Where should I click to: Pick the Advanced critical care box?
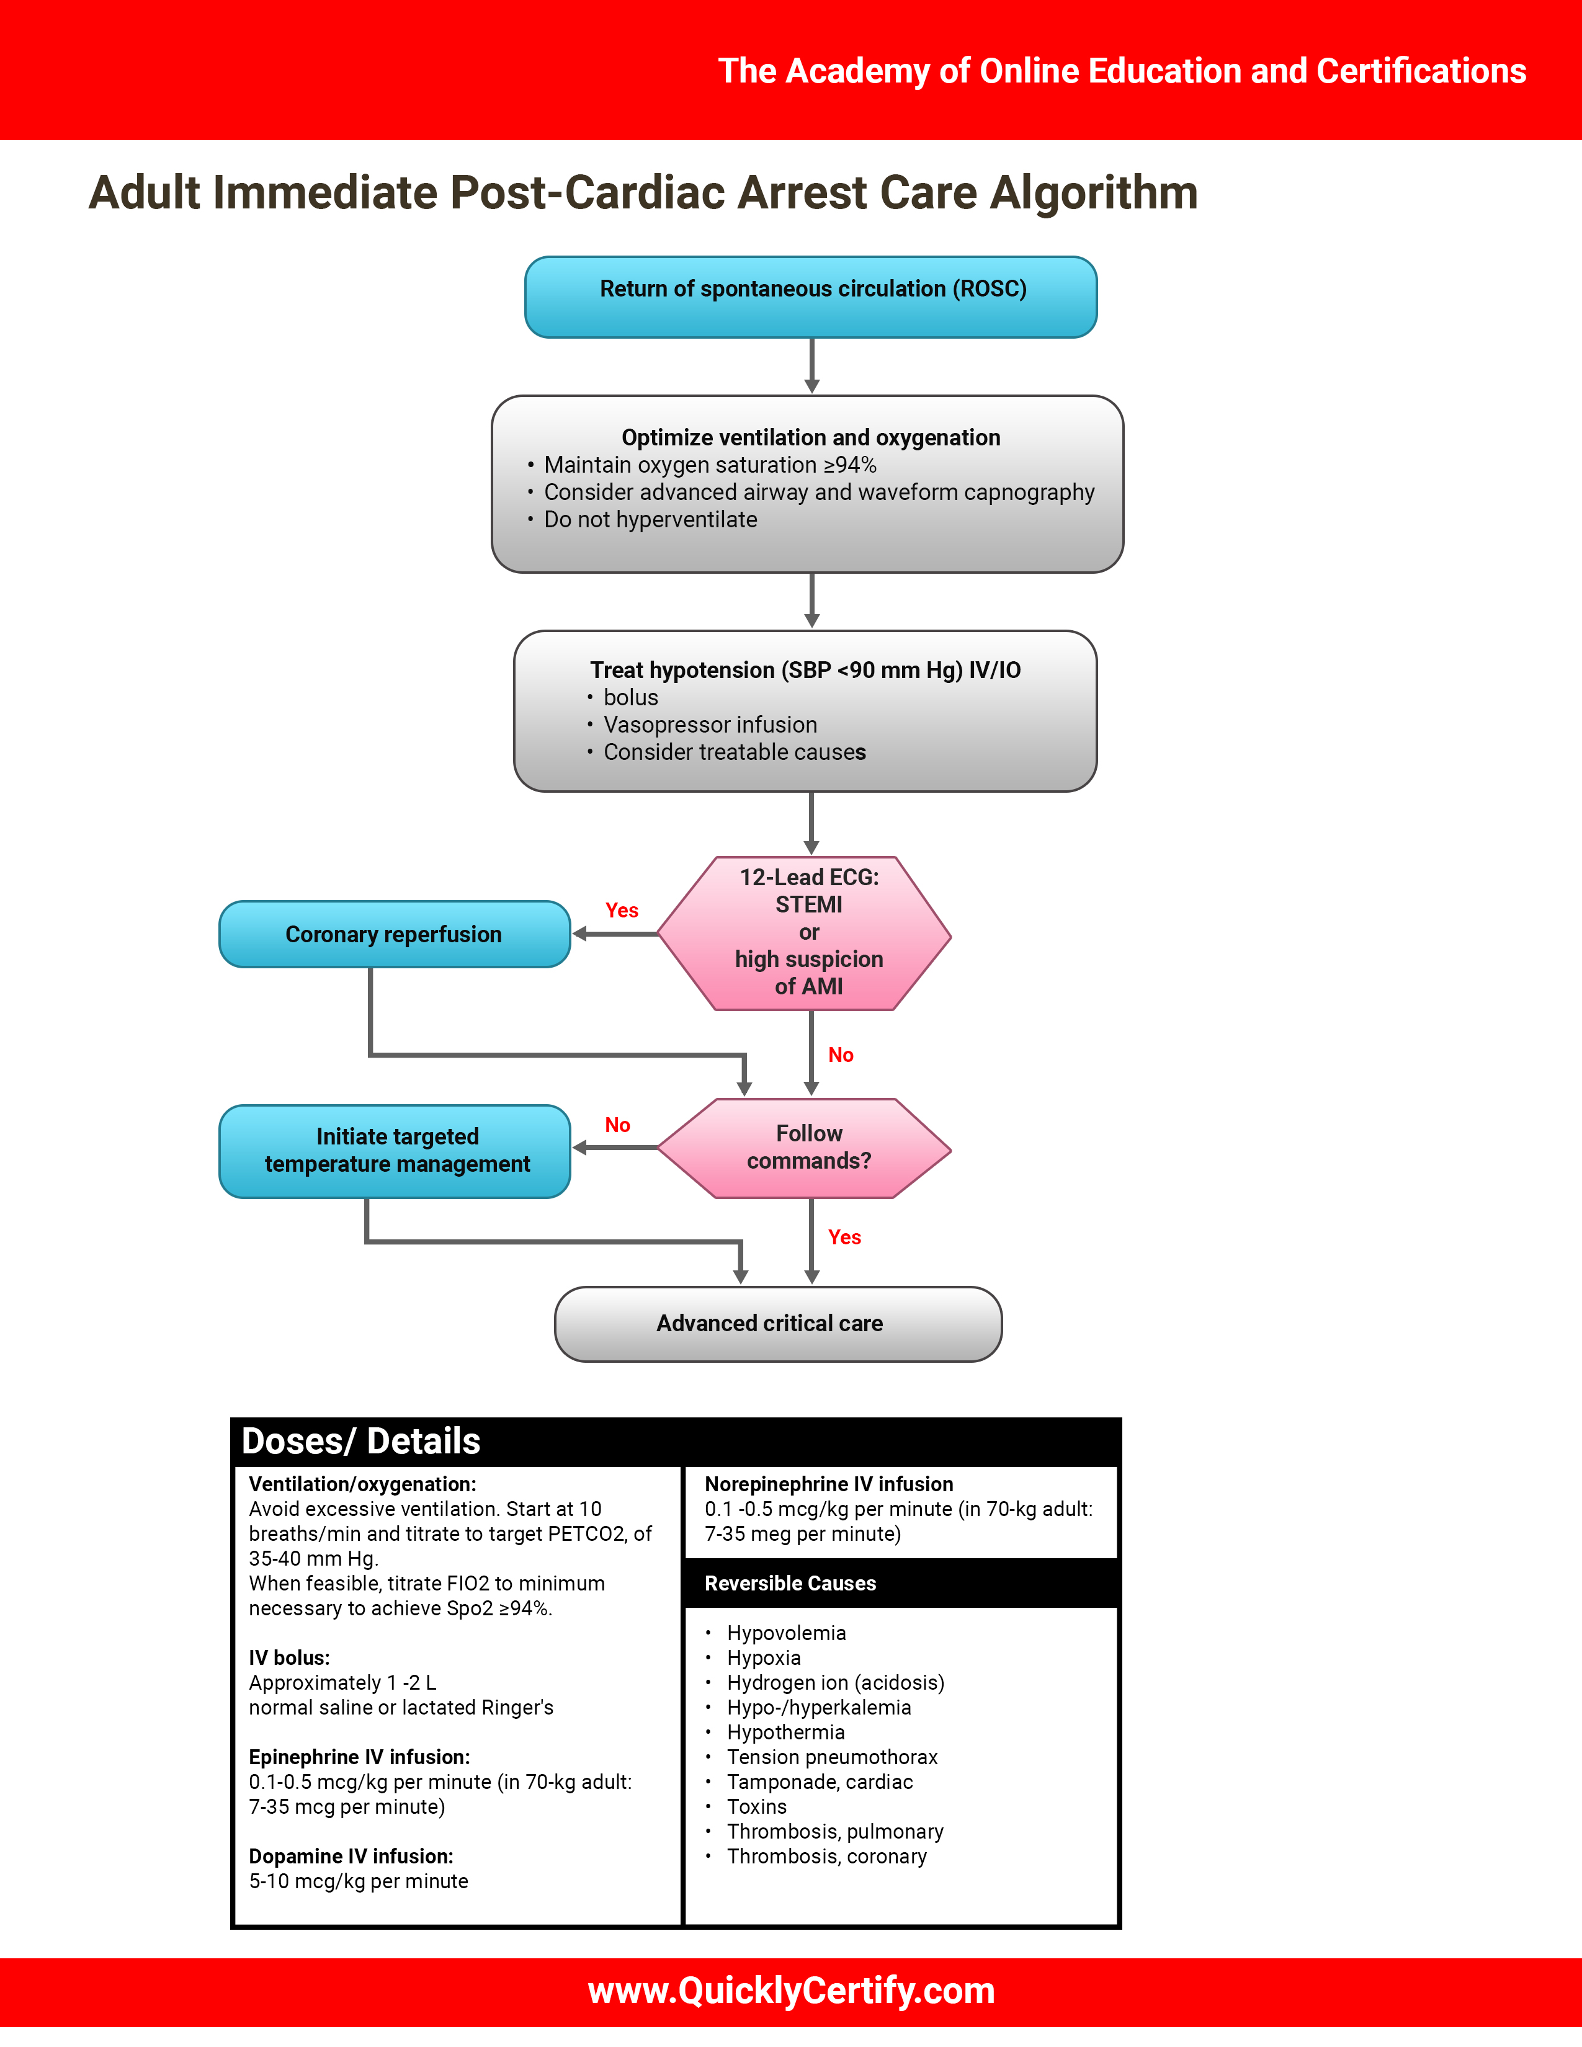tap(778, 1324)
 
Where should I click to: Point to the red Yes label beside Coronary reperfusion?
tap(622, 910)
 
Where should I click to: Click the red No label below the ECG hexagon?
tap(841, 1055)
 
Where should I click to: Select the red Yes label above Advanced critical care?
tap(844, 1238)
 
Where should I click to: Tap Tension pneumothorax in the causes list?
tap(831, 1757)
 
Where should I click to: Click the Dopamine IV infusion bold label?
tap(351, 1856)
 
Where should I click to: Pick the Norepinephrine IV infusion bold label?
tap(828, 1484)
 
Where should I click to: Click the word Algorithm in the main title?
tap(1094, 193)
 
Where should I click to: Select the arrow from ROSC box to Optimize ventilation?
tap(811, 365)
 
